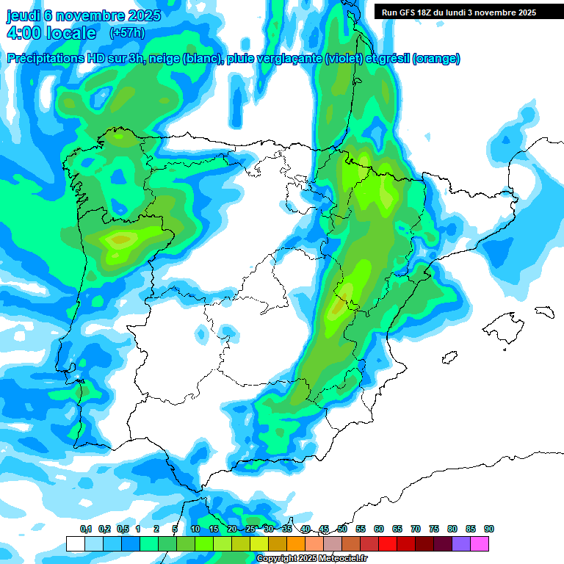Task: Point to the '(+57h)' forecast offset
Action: tap(127, 33)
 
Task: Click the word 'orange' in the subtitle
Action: tap(435, 59)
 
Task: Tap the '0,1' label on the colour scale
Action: tap(85, 529)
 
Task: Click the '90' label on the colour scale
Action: tap(488, 529)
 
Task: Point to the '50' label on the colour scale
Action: tap(342, 529)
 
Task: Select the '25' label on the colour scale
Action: tap(250, 529)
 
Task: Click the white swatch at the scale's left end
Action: tap(75, 544)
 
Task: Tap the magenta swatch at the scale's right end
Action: tap(480, 544)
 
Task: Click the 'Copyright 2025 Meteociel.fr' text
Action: tap(312, 559)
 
